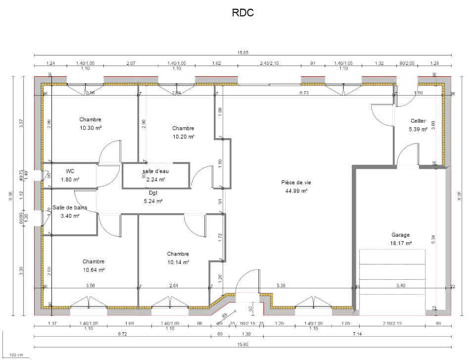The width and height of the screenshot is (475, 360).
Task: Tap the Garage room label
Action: tap(400, 235)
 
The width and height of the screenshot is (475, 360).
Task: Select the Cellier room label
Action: tap(418, 121)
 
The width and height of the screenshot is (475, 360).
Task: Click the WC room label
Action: tap(70, 171)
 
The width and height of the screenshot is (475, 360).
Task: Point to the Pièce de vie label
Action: tap(296, 182)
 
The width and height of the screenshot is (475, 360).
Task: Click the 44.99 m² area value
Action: tap(296, 191)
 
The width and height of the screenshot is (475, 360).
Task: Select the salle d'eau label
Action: tap(156, 171)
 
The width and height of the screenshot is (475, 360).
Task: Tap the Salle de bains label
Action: tap(70, 208)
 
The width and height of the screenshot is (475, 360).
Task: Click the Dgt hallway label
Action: tap(153, 193)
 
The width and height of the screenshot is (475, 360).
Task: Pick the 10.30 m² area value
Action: tap(91, 128)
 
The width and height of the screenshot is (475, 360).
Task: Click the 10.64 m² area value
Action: tap(94, 270)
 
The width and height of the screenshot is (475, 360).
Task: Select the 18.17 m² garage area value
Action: tap(400, 243)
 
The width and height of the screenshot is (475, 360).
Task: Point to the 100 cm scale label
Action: tap(16, 355)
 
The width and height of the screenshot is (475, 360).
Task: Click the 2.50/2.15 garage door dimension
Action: tap(392, 323)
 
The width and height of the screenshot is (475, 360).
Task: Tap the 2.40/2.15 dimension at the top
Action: tap(270, 63)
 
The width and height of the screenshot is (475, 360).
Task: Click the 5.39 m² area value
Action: tap(418, 129)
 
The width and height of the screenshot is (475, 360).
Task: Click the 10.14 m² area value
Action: tap(178, 262)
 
